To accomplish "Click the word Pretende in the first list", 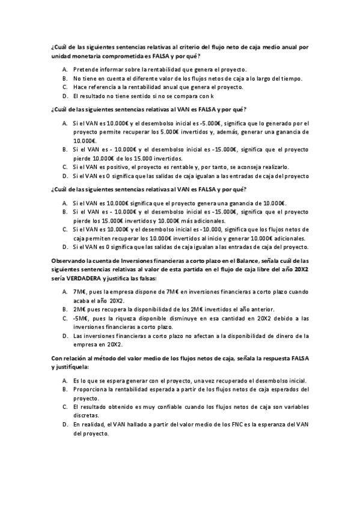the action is [85, 70].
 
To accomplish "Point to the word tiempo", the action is [288, 78].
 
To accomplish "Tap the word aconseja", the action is [242, 167].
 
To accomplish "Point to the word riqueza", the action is [129, 318].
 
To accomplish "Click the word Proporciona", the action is [91, 389].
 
